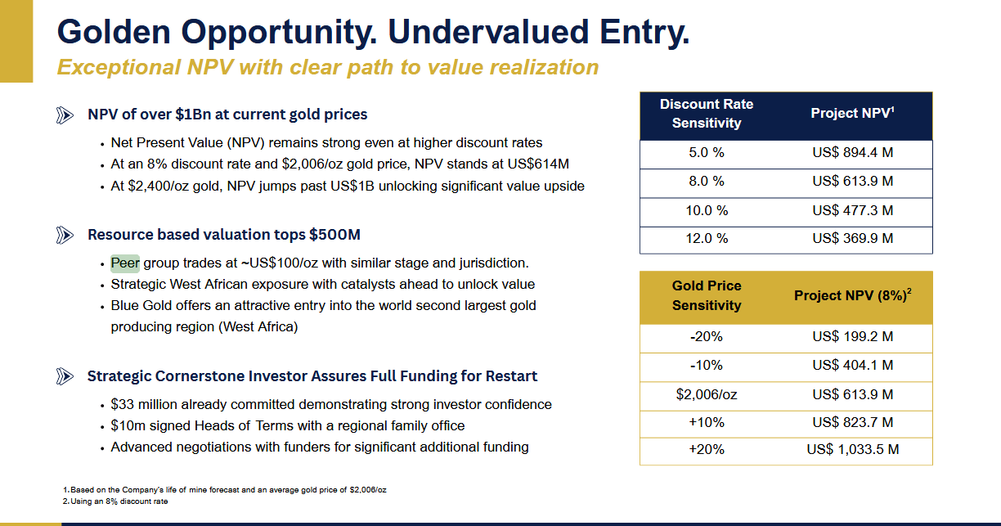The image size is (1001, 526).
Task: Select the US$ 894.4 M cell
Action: [x=852, y=153]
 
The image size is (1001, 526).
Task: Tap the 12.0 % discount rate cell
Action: [x=707, y=238]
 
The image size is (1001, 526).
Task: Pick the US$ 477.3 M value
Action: [x=852, y=210]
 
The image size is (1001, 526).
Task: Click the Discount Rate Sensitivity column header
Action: [x=707, y=114]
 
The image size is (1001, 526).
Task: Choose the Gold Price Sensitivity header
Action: [x=707, y=295]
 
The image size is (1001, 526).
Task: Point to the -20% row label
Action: [x=707, y=336]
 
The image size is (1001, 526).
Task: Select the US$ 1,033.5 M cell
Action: [x=852, y=450]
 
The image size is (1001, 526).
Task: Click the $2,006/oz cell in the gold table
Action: [x=707, y=394]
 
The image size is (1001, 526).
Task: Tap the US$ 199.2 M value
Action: [x=852, y=336]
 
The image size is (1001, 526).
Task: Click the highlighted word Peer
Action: [x=125, y=263]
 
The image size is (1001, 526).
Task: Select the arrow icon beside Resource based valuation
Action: [x=65, y=236]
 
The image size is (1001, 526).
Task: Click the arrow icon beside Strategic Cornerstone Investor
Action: [x=65, y=377]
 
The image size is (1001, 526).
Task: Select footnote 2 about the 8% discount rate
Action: [x=116, y=501]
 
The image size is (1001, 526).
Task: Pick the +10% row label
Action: [x=707, y=422]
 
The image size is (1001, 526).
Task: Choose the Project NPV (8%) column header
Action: [x=852, y=295]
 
